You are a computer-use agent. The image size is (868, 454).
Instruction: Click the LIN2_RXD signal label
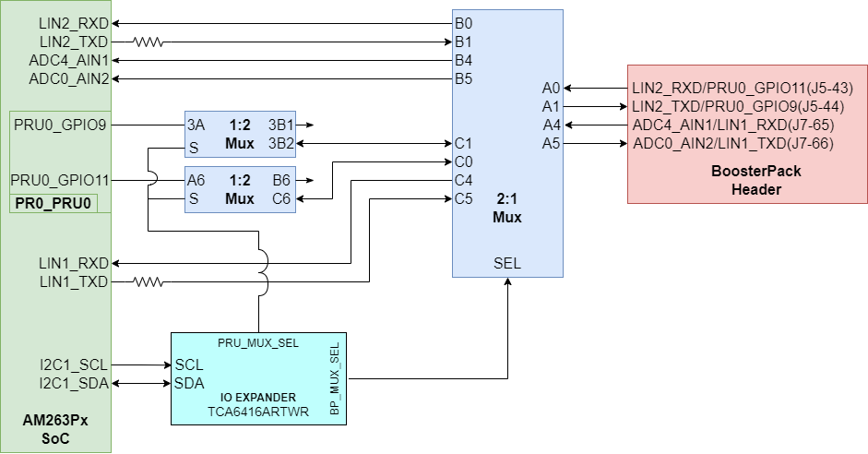coord(74,23)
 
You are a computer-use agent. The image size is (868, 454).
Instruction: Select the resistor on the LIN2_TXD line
coord(148,42)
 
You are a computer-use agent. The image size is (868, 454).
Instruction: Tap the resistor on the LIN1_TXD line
coord(148,281)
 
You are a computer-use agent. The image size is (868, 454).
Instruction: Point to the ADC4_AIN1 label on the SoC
coord(69,60)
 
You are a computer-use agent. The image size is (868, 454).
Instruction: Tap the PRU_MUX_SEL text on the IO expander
coord(258,343)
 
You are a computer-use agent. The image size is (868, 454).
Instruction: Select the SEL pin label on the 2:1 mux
coord(507,264)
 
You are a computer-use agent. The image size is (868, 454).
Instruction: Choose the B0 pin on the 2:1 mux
coord(463,23)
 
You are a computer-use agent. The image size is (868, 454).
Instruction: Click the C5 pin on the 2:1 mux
coord(464,198)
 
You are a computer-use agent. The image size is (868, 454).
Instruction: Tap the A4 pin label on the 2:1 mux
coord(551,125)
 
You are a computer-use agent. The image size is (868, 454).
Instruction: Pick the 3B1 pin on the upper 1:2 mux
coord(280,125)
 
